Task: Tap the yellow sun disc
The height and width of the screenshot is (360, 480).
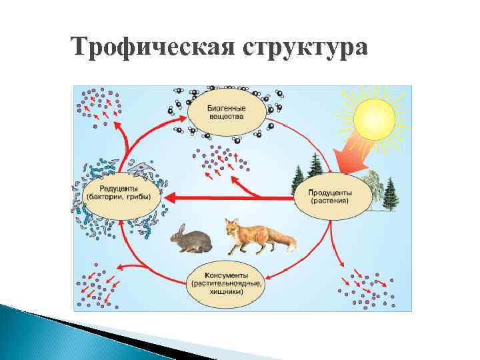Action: (x=374, y=117)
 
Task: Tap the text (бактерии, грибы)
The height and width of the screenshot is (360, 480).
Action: (x=119, y=197)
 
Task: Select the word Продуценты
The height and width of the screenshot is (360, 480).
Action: (x=331, y=191)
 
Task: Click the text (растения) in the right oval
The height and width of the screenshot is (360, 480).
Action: (x=331, y=199)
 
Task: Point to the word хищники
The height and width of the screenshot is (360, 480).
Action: (x=226, y=291)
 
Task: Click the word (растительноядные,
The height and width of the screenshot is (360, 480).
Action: (x=226, y=283)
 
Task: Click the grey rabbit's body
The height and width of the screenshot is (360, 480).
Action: (x=195, y=241)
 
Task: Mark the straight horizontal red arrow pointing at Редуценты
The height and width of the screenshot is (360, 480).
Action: (x=220, y=197)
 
